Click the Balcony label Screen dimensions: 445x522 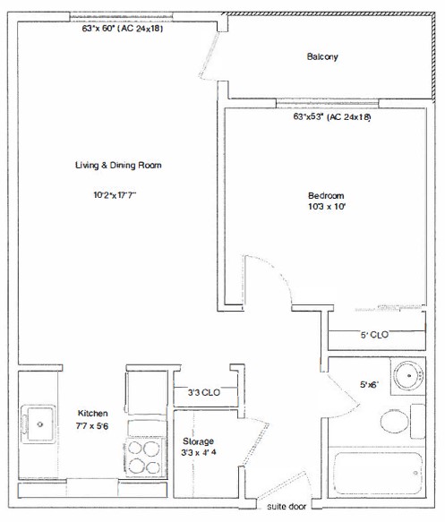pos(322,56)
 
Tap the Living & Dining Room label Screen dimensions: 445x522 pos(118,165)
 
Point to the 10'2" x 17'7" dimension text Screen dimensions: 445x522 pos(115,195)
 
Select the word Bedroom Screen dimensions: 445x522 pos(326,195)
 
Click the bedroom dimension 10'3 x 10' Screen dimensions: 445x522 pos(327,207)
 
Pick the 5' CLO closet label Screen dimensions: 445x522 pos(374,335)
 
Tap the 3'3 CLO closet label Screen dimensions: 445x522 pos(203,392)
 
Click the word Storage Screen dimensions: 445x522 pos(198,441)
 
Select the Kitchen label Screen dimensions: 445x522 pos(92,413)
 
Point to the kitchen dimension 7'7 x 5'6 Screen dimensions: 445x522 pos(92,426)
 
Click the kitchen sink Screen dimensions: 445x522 pos(39,424)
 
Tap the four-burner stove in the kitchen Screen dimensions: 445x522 pos(145,457)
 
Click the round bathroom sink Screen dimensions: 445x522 pos(408,376)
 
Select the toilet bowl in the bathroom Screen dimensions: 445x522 pos(394,421)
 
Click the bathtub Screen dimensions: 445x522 pos(378,473)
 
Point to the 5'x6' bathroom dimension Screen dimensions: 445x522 pos(370,384)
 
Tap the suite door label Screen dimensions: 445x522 pos(287,507)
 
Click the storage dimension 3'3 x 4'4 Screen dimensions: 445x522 pos(199,453)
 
